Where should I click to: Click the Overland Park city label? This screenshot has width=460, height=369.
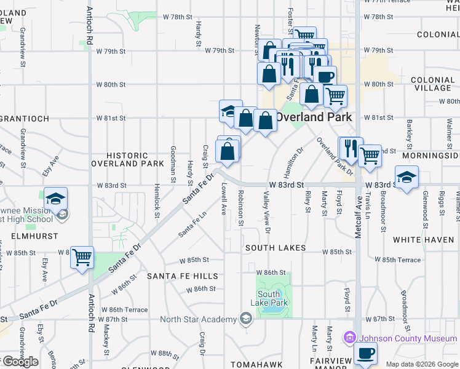click(x=314, y=117)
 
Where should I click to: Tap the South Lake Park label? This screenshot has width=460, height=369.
click(x=269, y=298)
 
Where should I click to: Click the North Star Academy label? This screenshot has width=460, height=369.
click(x=198, y=319)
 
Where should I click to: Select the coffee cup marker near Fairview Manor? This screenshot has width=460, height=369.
click(x=366, y=354)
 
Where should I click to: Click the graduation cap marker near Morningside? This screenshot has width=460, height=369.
click(x=406, y=178)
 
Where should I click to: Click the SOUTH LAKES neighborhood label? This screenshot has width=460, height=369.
click(x=276, y=248)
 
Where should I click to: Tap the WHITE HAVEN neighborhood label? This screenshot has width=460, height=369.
click(x=423, y=240)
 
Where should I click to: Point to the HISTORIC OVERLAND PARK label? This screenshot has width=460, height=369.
click(x=127, y=160)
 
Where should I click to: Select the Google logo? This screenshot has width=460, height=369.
click(x=20, y=362)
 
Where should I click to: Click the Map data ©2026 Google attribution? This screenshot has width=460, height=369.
click(x=422, y=364)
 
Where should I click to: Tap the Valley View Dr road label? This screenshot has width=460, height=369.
click(x=267, y=212)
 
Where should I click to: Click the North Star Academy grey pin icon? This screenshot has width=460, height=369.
click(x=245, y=319)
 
